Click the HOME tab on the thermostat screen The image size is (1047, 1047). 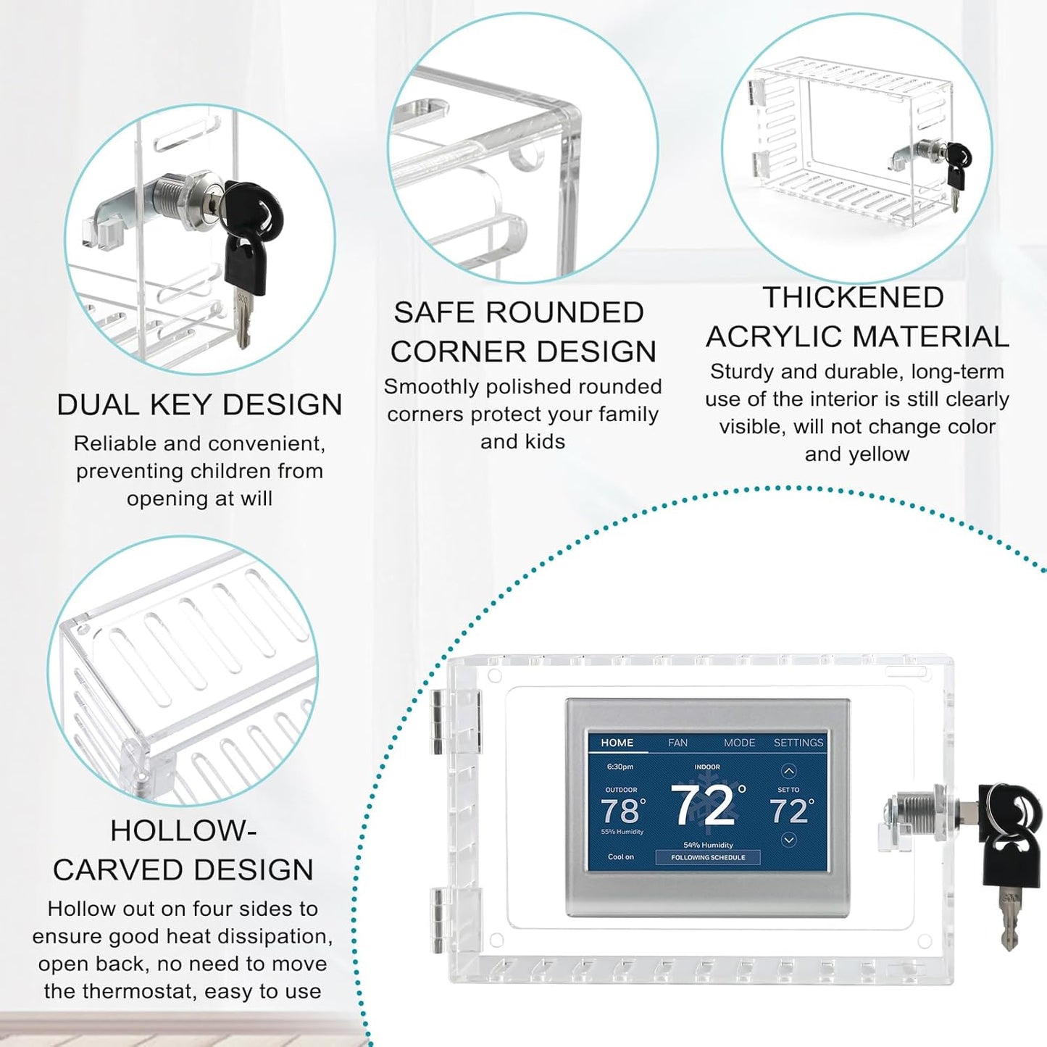pos(617,743)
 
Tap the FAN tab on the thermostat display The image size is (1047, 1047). pos(677,743)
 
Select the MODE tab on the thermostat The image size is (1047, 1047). pos(739,743)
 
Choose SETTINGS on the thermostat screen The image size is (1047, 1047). pos(798,743)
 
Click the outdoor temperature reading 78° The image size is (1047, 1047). pos(623,811)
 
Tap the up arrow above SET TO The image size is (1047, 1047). pos(788,771)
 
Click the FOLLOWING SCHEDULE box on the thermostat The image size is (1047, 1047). pos(708,857)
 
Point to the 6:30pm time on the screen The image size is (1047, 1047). pos(620,767)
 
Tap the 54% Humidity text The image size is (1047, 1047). pos(708,845)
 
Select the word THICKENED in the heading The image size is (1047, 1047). pos(853,297)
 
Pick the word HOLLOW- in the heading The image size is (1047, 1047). pos(183,831)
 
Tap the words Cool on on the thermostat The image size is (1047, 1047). pos(620,857)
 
